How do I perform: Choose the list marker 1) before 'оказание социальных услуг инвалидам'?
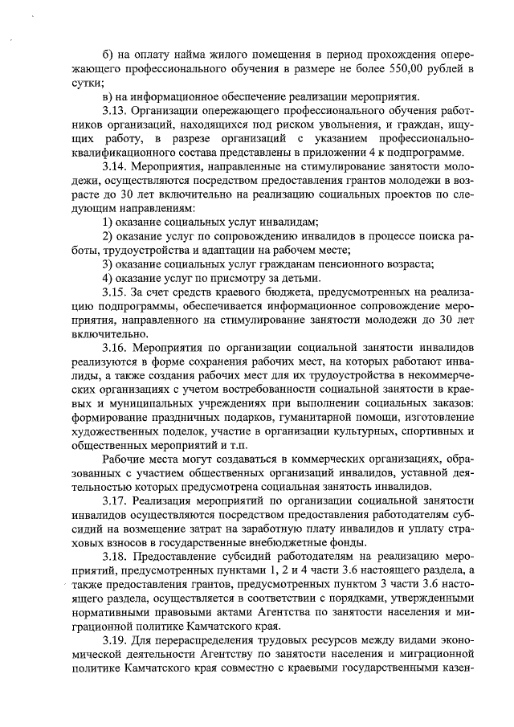point(108,223)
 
